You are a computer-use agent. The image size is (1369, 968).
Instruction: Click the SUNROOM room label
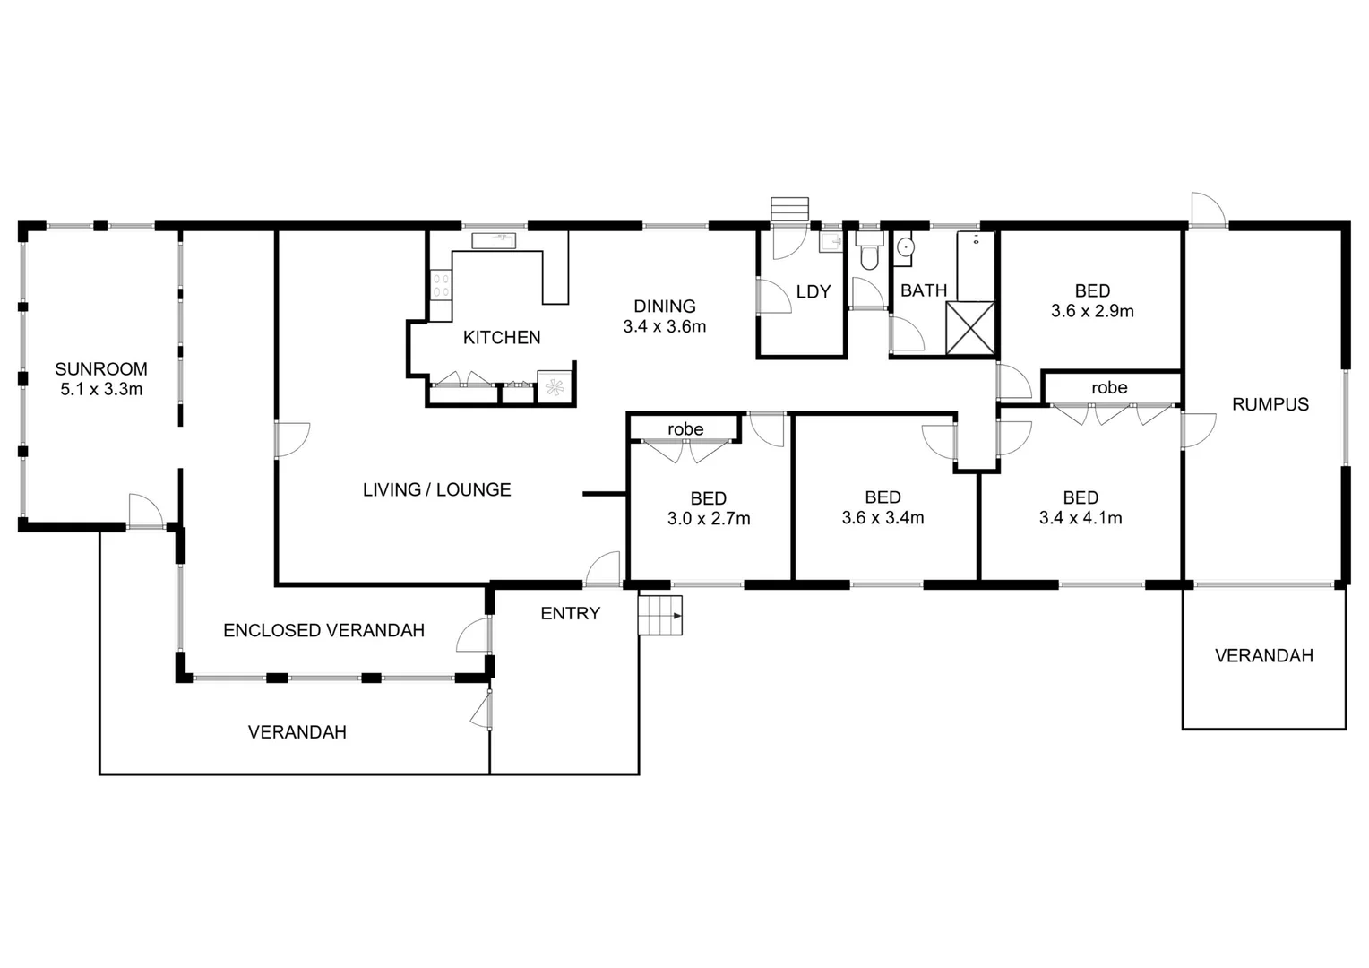coord(101,368)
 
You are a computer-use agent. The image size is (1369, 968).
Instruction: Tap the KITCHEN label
coord(502,337)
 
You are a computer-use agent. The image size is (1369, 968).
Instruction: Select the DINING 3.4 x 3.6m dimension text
coord(664,326)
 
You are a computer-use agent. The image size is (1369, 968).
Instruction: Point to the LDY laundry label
coord(814,291)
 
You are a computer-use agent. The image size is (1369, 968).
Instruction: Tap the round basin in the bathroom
coord(905,247)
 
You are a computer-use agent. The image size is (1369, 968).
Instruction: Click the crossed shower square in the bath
coord(970,328)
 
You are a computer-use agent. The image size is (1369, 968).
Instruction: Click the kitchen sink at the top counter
coord(494,240)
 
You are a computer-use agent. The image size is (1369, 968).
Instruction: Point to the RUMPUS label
coord(1270,404)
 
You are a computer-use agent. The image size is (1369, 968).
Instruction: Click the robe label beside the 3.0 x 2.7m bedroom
coord(685,429)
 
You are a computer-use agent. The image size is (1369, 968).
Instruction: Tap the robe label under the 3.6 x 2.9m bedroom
coord(1109,388)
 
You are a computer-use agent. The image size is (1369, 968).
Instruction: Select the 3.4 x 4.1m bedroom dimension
coord(1081,518)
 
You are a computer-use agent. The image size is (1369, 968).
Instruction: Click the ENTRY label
coord(570,613)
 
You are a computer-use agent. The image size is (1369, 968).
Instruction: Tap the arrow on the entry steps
coord(677,616)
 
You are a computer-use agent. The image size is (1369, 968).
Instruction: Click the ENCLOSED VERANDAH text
coord(324,630)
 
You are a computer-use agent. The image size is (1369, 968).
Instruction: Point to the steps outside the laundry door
coord(789,209)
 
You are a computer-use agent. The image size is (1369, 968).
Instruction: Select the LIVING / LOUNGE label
coord(437,489)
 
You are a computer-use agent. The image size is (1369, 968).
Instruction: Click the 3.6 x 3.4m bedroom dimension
coord(883,518)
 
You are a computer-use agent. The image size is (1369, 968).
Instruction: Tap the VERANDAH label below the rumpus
coord(1264,655)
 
